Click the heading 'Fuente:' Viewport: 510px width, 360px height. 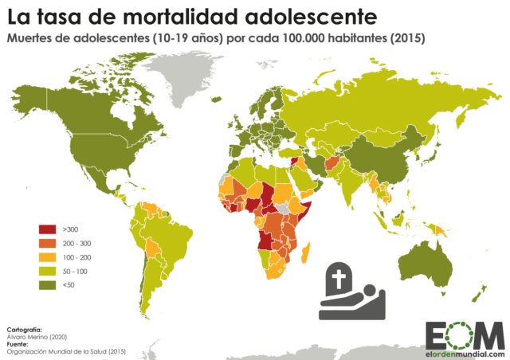[x=18, y=343]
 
